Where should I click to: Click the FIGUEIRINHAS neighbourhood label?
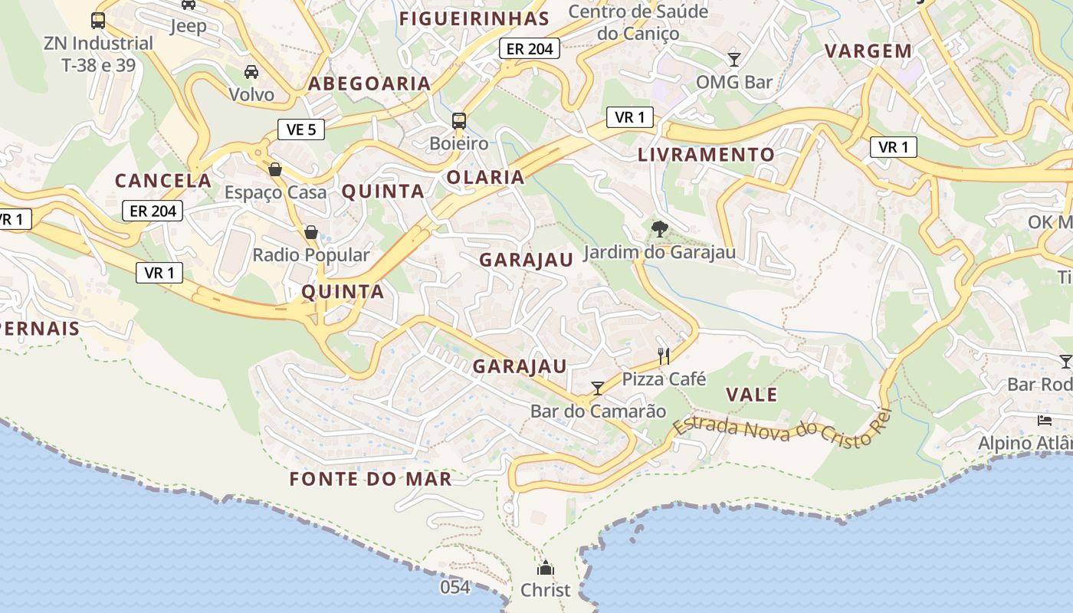[474, 18]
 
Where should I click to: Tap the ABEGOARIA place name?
[369, 84]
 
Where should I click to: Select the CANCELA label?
[162, 181]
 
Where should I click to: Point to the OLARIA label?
[486, 178]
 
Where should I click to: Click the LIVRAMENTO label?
[707, 155]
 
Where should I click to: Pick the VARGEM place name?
[868, 51]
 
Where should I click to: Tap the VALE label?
[752, 395]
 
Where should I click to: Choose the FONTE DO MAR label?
[370, 480]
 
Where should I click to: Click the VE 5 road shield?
[301, 129]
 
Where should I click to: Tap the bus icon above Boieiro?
[459, 121]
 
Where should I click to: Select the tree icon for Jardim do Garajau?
[658, 228]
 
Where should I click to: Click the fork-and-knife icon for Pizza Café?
[664, 356]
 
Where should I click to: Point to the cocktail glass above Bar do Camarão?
[598, 388]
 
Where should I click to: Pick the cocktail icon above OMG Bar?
[734, 59]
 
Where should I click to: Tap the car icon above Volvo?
[251, 72]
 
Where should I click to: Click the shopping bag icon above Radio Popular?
[311, 231]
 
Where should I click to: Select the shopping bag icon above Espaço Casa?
[275, 169]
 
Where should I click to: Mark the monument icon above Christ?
[545, 568]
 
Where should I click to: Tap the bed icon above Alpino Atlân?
[1045, 420]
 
